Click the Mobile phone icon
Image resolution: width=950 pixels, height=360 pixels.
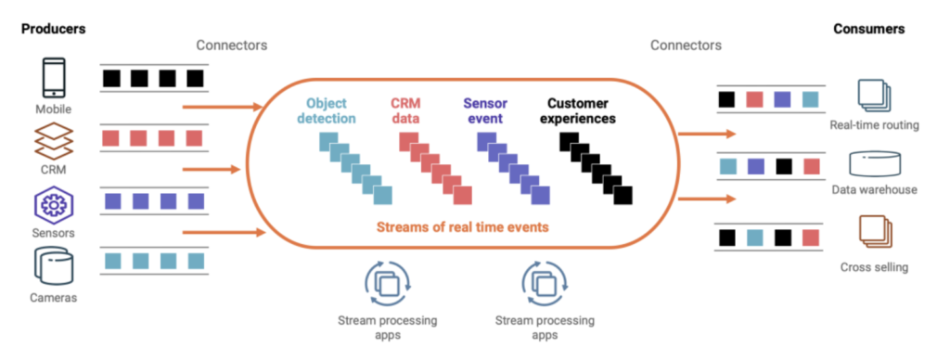(x=54, y=78)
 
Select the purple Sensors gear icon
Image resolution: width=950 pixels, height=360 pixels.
(x=54, y=205)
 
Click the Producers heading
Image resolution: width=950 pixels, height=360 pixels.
(x=53, y=29)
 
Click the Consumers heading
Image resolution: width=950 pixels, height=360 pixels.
(x=868, y=29)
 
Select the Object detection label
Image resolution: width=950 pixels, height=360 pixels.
(x=330, y=111)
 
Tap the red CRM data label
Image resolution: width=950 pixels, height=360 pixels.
(x=407, y=111)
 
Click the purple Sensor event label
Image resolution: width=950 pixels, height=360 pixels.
(x=485, y=111)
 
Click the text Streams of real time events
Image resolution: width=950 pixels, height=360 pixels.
(x=462, y=228)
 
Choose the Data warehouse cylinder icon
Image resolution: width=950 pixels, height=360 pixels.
(x=875, y=163)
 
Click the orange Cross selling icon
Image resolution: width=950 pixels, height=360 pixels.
(x=875, y=232)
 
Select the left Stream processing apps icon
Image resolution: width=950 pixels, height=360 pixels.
(x=387, y=283)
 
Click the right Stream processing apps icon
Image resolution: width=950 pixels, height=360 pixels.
(x=545, y=283)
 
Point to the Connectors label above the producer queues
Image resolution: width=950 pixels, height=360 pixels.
(x=231, y=45)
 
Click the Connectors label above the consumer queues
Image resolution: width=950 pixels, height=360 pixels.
(x=686, y=45)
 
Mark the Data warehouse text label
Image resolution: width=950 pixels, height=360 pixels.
(x=874, y=189)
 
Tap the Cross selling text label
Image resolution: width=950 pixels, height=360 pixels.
(x=874, y=267)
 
